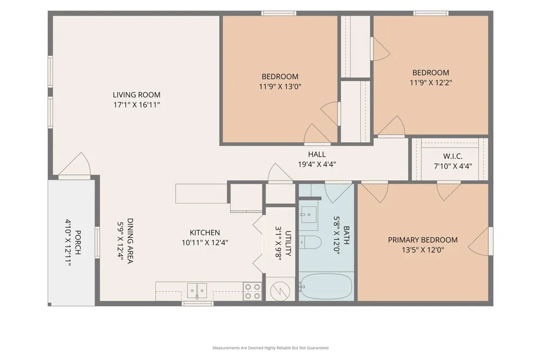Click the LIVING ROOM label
pyautogui.click(x=137, y=95)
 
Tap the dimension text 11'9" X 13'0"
pyautogui.click(x=280, y=86)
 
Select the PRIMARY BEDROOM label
pyautogui.click(x=423, y=240)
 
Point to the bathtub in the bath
pyautogui.click(x=326, y=286)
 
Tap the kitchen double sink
pyautogui.click(x=197, y=291)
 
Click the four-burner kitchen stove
pyautogui.click(x=252, y=291)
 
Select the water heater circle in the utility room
pyautogui.click(x=280, y=291)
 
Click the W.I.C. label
pyautogui.click(x=453, y=157)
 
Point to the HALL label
pyautogui.click(x=316, y=155)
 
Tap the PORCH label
pyautogui.click(x=78, y=243)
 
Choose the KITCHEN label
pyautogui.click(x=205, y=233)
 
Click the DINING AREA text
pyautogui.click(x=130, y=241)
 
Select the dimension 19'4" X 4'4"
pyautogui.click(x=316, y=164)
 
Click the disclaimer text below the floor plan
pyautogui.click(x=270, y=348)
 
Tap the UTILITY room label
pyautogui.click(x=288, y=243)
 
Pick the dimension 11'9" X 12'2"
pyautogui.click(x=431, y=83)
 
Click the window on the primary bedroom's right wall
pyautogui.click(x=491, y=241)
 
